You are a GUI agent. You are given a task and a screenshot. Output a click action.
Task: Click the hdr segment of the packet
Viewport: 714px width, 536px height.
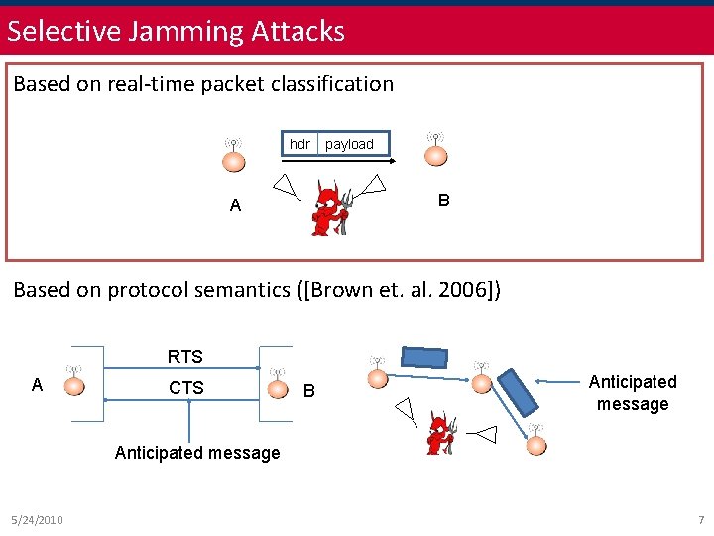(x=299, y=144)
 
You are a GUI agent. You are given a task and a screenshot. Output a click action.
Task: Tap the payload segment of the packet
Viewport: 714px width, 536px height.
(x=349, y=144)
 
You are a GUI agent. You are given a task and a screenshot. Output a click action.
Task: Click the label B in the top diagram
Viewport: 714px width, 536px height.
(x=444, y=201)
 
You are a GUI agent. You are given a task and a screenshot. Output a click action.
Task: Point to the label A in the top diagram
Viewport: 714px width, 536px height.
(x=235, y=205)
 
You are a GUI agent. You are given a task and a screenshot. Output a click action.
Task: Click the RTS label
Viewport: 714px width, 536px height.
(x=185, y=357)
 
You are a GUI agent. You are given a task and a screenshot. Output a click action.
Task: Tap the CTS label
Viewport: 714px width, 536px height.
(x=186, y=387)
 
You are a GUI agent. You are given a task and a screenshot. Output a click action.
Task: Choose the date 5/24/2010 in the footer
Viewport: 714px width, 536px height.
(x=37, y=520)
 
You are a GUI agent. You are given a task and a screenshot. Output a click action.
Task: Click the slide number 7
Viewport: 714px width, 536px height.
(x=700, y=520)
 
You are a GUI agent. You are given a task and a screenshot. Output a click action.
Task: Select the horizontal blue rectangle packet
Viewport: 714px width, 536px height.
(x=424, y=358)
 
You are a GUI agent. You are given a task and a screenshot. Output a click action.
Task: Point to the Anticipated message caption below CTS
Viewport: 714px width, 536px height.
(x=197, y=453)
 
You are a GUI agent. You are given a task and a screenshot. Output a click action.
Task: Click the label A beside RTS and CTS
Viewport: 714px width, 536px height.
(x=37, y=385)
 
